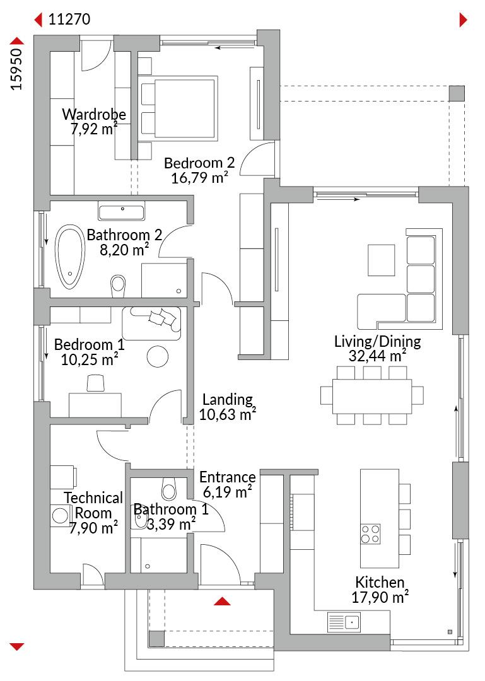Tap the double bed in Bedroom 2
pyautogui.click(x=178, y=108)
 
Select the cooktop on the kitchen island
pyautogui.click(x=371, y=534)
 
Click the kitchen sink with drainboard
pyautogui.click(x=344, y=622)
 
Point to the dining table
pyautogui.click(x=372, y=397)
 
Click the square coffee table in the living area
pyautogui.click(x=381, y=260)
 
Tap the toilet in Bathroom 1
pyautogui.click(x=168, y=489)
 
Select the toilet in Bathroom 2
pyautogui.click(x=118, y=284)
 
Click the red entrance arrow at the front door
pyautogui.click(x=222, y=601)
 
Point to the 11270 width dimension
pyautogui.click(x=69, y=19)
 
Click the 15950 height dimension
pyautogui.click(x=16, y=69)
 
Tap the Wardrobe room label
pyautogui.click(x=94, y=114)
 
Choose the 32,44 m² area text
pyautogui.click(x=377, y=356)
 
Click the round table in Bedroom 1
pyautogui.click(x=157, y=356)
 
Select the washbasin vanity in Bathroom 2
pyautogui.click(x=122, y=212)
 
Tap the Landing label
pyautogui.click(x=227, y=399)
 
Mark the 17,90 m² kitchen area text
pyautogui.click(x=380, y=597)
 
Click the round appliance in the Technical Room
pyautogui.click(x=59, y=516)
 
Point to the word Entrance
pyautogui.click(x=227, y=477)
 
